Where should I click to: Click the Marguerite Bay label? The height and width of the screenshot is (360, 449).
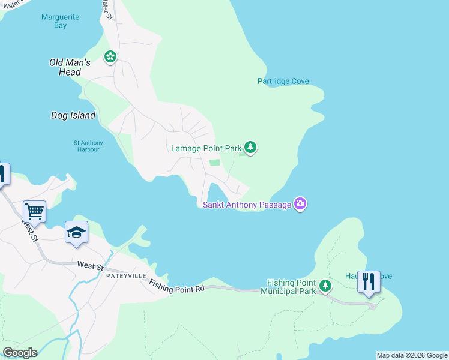point(60,21)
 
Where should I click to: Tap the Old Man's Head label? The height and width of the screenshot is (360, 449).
point(70,67)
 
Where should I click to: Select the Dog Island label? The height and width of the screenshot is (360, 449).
point(73,115)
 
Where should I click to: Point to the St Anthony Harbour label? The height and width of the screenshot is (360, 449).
point(88,146)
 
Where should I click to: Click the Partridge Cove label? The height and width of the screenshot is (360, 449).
point(283,81)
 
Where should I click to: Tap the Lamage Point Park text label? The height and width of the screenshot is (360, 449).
point(206,148)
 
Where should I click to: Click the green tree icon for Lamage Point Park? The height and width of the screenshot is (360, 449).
point(250,147)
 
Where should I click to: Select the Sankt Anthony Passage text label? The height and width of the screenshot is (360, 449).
point(247,205)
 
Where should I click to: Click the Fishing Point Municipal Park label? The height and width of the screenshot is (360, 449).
point(291,287)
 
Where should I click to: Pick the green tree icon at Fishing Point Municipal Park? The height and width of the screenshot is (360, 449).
point(325,286)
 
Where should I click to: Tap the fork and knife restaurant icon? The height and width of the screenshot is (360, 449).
point(368,281)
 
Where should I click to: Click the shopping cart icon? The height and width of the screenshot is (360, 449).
point(35,211)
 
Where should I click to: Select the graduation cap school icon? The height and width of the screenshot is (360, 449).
point(77,232)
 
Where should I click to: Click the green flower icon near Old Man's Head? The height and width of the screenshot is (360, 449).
point(110,57)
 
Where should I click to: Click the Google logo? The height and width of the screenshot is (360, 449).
point(20,353)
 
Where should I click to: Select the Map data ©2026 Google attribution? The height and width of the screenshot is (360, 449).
point(412,355)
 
